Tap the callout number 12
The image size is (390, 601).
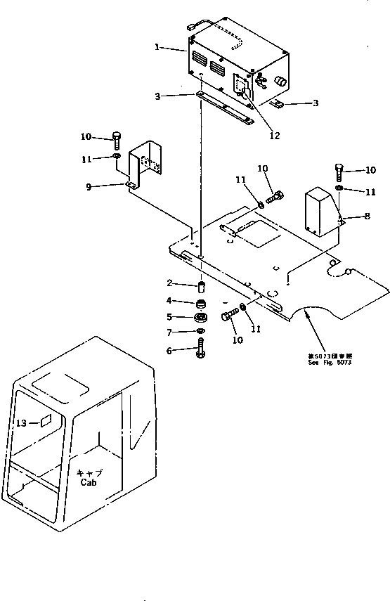275,136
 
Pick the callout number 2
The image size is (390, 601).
169,283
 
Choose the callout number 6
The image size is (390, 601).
169,349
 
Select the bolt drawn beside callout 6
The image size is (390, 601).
201,348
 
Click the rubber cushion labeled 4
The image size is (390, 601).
201,305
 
